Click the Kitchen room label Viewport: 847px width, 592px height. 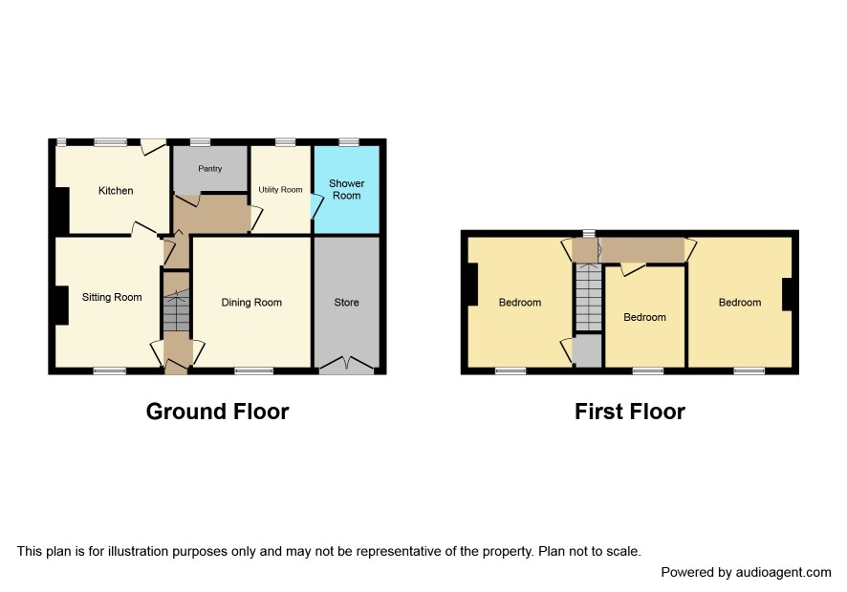click(116, 191)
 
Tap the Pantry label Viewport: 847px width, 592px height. click(210, 168)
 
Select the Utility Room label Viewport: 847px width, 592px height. click(280, 189)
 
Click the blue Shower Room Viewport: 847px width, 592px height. click(346, 189)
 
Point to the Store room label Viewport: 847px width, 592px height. click(346, 302)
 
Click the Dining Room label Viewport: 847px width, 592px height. click(251, 302)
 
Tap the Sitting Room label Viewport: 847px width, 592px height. click(112, 297)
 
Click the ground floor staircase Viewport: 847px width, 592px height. click(177, 311)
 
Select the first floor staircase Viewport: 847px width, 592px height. click(588, 296)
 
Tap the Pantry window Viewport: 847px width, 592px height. click(201, 142)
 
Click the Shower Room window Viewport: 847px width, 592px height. click(349, 142)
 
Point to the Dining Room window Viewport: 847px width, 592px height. click(254, 370)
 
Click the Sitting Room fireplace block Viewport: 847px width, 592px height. click(61, 306)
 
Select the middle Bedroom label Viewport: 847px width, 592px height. click(644, 317)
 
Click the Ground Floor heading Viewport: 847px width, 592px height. click(217, 412)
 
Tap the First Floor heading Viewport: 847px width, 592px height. click(630, 412)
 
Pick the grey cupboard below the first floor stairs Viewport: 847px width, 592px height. click(588, 350)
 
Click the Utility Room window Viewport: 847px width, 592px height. click(286, 142)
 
